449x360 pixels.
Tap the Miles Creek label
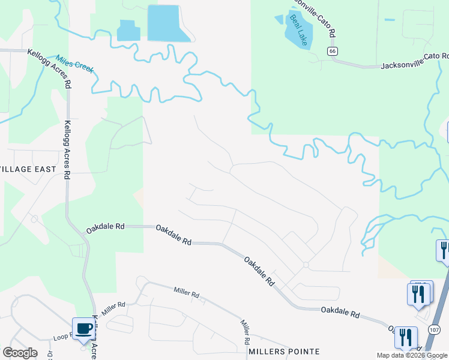coord(75,65)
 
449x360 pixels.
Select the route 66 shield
coord(332,52)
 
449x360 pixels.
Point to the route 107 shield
coord(435,329)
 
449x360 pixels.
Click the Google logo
coord(20,353)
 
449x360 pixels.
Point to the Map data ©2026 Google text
coord(412,355)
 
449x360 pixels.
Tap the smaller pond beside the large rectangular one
coord(127,31)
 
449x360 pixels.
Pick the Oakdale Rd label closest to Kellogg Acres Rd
coord(105,227)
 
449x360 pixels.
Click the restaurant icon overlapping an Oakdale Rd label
coord(406,337)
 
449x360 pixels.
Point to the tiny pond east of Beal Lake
coord(390,20)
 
